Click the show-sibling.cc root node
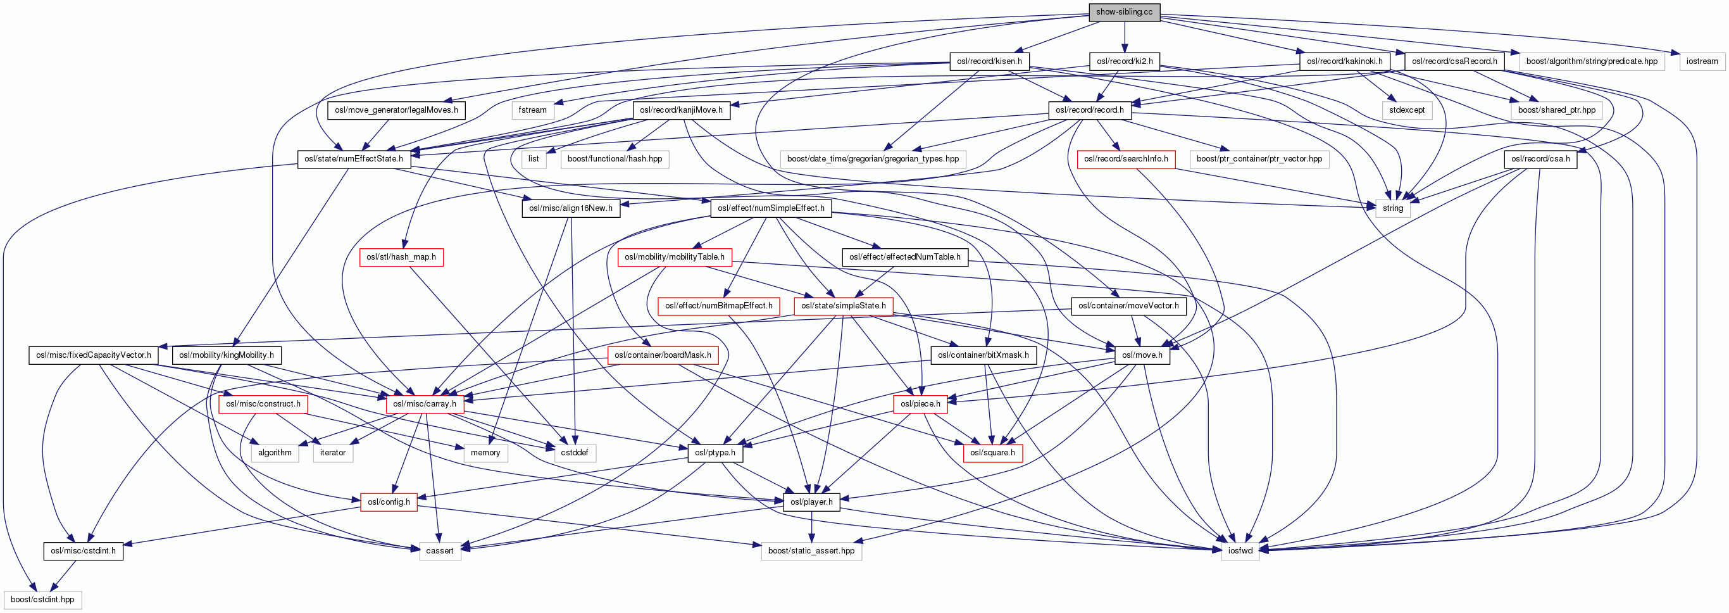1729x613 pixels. [x=1123, y=12]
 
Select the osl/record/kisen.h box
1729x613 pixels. [x=989, y=61]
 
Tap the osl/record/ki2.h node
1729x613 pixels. [x=1124, y=61]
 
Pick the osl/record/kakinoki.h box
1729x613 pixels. [x=1344, y=61]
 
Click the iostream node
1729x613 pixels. [x=1702, y=61]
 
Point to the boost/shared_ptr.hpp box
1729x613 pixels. [x=1556, y=110]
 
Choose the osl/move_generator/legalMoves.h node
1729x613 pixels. [x=397, y=110]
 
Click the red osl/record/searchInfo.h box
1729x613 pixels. [x=1126, y=159]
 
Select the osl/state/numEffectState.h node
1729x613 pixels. [x=354, y=159]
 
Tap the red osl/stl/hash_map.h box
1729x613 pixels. [x=401, y=257]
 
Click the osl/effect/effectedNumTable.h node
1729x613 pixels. [x=904, y=257]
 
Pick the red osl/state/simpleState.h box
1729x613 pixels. [x=843, y=306]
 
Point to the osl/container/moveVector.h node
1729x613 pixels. [x=1128, y=306]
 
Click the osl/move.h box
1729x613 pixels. [x=1142, y=355]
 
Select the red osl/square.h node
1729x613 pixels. [x=992, y=453]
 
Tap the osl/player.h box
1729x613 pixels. [x=811, y=502]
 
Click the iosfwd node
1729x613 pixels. [x=1240, y=551]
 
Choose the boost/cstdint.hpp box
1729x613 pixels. [x=42, y=600]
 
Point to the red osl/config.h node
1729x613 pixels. [x=389, y=502]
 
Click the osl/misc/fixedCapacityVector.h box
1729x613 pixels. [x=93, y=355]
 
